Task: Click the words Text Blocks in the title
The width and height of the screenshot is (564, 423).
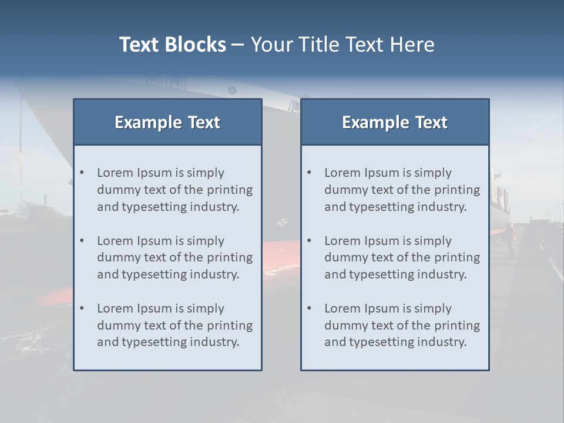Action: click(172, 45)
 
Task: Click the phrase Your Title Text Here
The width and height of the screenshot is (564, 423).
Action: click(343, 45)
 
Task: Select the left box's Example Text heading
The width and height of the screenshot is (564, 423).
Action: click(167, 122)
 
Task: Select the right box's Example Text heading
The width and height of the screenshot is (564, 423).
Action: click(395, 122)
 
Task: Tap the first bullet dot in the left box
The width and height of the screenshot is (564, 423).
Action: click(82, 173)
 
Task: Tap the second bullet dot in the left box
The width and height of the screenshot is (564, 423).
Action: click(82, 241)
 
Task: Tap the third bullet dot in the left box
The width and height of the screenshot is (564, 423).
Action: click(82, 308)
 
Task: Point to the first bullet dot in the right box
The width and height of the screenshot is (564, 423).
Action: click(309, 173)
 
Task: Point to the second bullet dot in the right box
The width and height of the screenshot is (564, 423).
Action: click(309, 241)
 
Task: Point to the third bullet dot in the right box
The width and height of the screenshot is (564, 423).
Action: click(309, 308)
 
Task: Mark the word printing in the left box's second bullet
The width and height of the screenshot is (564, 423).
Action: click(230, 257)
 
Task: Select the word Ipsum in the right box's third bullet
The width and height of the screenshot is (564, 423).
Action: click(382, 308)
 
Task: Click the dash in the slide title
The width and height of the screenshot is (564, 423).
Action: click(238, 45)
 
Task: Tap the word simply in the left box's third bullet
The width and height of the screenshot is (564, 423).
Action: click(206, 308)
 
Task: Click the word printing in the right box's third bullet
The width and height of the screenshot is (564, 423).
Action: click(457, 325)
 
